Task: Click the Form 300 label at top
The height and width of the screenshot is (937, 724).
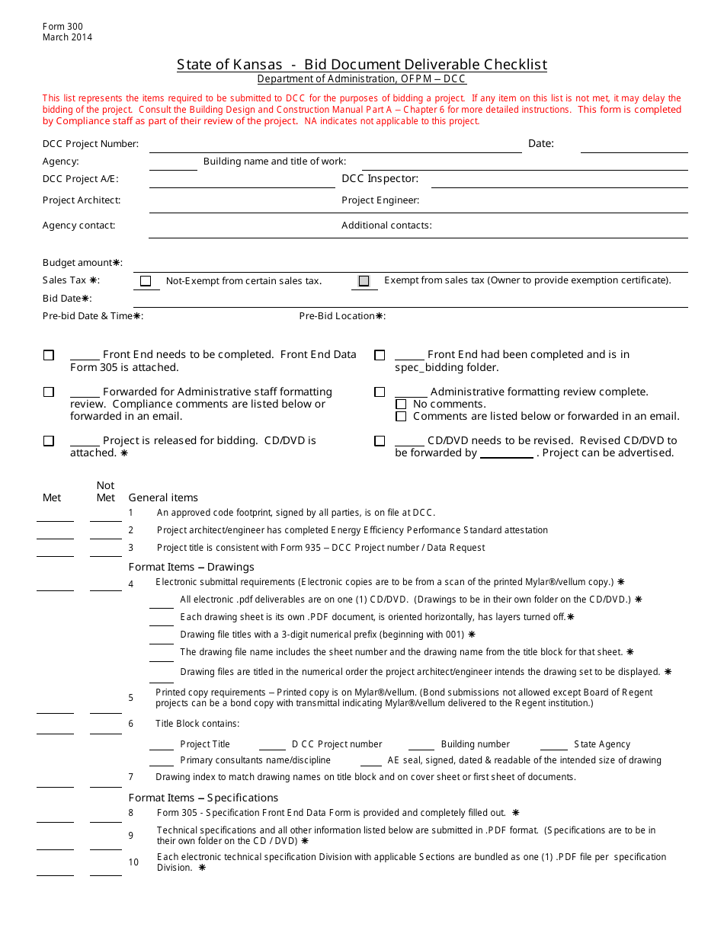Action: (62, 27)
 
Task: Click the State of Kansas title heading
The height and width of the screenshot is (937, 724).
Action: (361, 65)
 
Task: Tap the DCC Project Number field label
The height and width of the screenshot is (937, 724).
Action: (91, 144)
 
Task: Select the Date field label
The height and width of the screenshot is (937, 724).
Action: (541, 143)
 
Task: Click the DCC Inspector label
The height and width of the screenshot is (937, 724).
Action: (380, 179)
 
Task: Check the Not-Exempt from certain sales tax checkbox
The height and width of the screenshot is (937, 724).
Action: (146, 281)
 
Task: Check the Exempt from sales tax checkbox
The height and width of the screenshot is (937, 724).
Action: (364, 281)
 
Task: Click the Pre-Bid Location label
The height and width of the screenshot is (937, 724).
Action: (342, 316)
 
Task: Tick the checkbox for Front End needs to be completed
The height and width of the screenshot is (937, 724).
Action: (49, 355)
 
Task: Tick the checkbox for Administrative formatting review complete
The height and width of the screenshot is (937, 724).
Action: (380, 392)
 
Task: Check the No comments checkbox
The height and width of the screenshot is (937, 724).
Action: (401, 405)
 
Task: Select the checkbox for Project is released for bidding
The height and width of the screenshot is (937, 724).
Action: (49, 441)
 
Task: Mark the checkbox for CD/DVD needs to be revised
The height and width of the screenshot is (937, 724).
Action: (380, 441)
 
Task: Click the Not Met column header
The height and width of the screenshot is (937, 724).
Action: (106, 491)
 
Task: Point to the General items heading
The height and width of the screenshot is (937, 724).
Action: (163, 497)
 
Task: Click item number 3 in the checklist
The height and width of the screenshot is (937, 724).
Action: (131, 548)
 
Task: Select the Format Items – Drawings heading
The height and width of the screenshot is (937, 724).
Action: (191, 567)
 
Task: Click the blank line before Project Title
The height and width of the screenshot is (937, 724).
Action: (162, 745)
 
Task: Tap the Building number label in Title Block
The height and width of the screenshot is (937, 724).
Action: (476, 744)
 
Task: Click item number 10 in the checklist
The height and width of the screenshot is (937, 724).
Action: (133, 862)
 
